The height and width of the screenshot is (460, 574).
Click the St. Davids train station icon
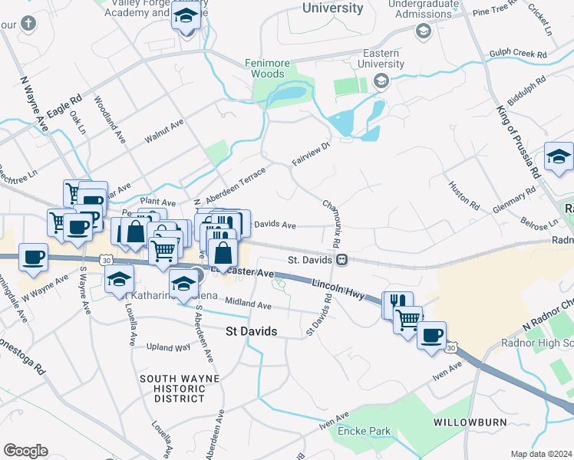pos(341,260)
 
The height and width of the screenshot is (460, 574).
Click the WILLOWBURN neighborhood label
pos(465,422)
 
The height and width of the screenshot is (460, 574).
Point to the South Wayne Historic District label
pos(179,388)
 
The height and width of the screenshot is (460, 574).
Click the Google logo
pos(25,451)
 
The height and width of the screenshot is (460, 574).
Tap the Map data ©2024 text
pos(541,454)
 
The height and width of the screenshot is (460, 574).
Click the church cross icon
pos(28,22)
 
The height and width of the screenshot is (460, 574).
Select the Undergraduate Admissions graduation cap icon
pos(422,31)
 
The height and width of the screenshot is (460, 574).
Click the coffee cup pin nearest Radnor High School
pos(432,333)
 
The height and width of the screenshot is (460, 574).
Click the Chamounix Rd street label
pos(332,222)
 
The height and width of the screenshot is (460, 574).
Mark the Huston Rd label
pos(464,197)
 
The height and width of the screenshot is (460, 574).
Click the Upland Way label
pos(167,347)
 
